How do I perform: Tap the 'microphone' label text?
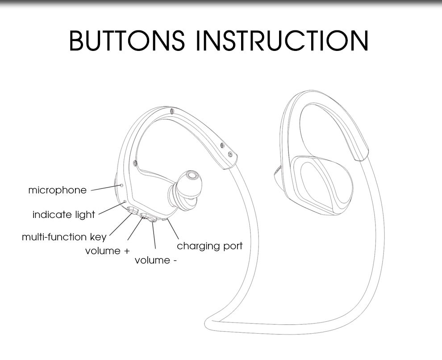(x=57, y=190)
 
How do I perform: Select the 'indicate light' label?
(x=64, y=215)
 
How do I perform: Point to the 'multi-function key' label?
(x=64, y=237)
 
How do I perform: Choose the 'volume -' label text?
(x=155, y=260)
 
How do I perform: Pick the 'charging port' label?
(x=209, y=246)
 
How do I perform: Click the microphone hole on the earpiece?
(x=121, y=184)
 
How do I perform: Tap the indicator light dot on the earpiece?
(x=125, y=202)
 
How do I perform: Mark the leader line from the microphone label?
(x=105, y=188)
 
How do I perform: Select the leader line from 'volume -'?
(x=154, y=236)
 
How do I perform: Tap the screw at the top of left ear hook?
(x=171, y=110)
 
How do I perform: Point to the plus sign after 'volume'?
(x=127, y=251)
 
